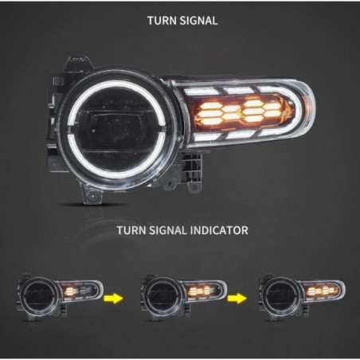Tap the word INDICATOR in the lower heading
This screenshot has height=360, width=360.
click(x=217, y=230)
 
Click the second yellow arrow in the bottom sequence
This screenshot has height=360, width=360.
click(x=235, y=297)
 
